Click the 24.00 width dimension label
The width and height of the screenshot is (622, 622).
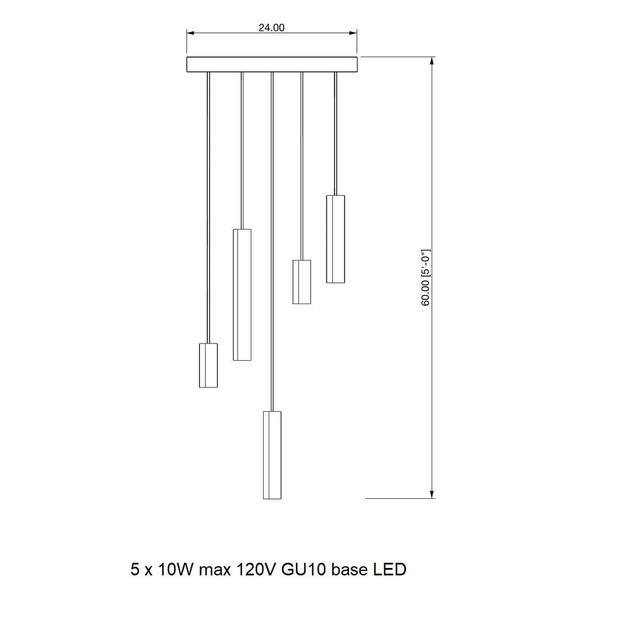coord(271,27)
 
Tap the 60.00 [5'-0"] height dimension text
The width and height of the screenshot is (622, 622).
coord(425,277)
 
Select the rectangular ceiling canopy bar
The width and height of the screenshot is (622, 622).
coord(272,64)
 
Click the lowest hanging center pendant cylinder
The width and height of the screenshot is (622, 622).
coord(272,455)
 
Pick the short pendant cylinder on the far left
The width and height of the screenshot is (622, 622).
coord(208,365)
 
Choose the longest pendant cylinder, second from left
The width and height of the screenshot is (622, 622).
coord(242,295)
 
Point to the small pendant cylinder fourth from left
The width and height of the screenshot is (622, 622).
coord(302,282)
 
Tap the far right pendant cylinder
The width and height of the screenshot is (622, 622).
coord(336,239)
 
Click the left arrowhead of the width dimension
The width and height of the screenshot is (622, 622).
coord(190,33)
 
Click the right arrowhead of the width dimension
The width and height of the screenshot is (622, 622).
coord(353,33)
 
